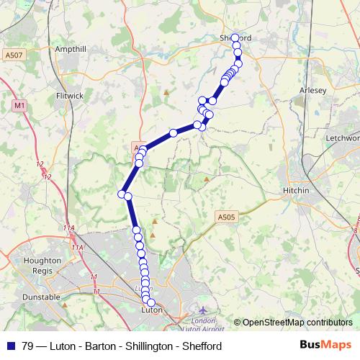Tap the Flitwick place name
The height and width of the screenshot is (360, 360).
click(x=70, y=95)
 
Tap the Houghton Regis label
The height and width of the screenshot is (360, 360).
click(x=42, y=265)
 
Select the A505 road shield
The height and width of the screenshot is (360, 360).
click(x=225, y=215)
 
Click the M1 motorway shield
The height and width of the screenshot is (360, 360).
click(x=18, y=105)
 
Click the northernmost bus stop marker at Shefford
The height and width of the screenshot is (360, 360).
click(x=235, y=37)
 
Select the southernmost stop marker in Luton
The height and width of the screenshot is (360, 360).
click(x=151, y=302)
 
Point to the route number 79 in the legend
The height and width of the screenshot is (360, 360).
click(x=29, y=345)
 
